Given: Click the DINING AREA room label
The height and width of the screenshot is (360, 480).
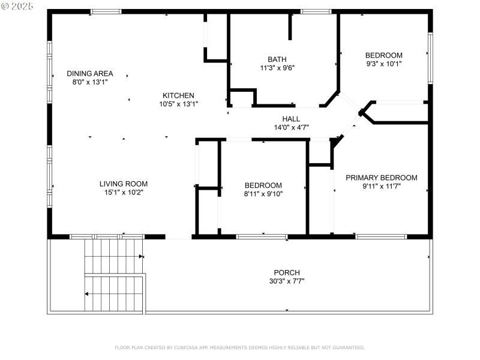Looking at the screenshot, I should (x=89, y=73).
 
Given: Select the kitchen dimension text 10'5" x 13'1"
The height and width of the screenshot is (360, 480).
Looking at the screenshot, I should (x=178, y=104).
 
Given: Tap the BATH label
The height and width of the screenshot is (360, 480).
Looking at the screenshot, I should (x=277, y=59).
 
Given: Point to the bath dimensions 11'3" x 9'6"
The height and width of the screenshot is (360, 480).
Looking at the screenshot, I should (x=277, y=68).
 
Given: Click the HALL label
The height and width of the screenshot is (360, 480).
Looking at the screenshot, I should (x=291, y=119).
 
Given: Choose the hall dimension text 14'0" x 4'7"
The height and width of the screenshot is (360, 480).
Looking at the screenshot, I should (x=291, y=127).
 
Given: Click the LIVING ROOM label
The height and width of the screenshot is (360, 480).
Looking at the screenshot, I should (x=123, y=184).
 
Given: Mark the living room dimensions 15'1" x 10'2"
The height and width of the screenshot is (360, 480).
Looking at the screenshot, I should (x=123, y=193).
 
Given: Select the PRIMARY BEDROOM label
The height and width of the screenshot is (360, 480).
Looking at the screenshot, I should (x=381, y=178).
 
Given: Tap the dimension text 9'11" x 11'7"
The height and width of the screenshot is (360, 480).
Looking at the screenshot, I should (x=381, y=187).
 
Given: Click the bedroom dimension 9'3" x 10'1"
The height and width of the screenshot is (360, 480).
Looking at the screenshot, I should (x=384, y=64).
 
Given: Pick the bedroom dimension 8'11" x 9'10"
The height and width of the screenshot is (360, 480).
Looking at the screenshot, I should (x=263, y=194).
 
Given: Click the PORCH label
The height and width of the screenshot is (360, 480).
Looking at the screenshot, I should (x=287, y=272).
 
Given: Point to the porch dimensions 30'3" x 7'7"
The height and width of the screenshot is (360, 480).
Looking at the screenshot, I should (x=287, y=281).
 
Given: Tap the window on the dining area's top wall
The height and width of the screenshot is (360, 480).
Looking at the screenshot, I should (x=106, y=11).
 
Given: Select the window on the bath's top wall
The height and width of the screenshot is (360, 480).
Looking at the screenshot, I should (x=316, y=11).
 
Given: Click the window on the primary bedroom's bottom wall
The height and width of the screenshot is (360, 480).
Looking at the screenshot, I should (x=381, y=236).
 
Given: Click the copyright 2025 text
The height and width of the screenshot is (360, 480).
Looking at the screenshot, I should (x=18, y=7).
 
